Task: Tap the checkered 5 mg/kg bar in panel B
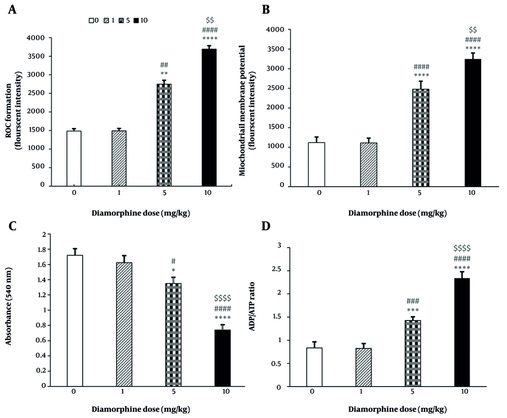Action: [421, 137]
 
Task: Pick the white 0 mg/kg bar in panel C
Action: [75, 320]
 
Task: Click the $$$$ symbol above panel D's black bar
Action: [462, 248]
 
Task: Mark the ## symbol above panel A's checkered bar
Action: [164, 65]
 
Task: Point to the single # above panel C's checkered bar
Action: [173, 262]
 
